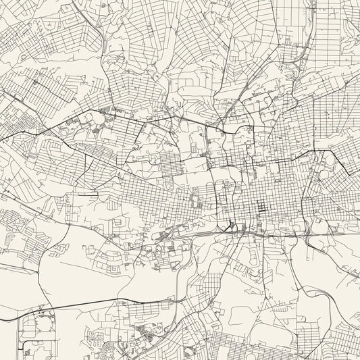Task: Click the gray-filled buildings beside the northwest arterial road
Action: click(105, 111)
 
